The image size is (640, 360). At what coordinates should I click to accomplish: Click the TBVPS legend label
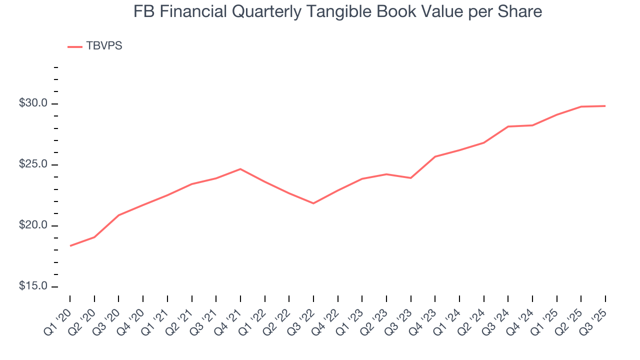coord(104,46)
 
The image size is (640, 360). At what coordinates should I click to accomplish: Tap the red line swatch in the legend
coord(75,47)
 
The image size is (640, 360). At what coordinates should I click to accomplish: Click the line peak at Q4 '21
coord(240,169)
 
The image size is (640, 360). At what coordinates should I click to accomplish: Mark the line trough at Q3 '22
coord(313,203)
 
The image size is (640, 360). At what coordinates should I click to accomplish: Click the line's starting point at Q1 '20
coord(70,246)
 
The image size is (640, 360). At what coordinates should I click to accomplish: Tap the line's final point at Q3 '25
coord(605,106)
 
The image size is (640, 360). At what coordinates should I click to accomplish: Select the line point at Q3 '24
coord(508,126)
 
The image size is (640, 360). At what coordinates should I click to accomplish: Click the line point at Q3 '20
coord(118,215)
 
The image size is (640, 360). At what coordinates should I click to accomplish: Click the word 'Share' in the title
coord(522,11)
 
